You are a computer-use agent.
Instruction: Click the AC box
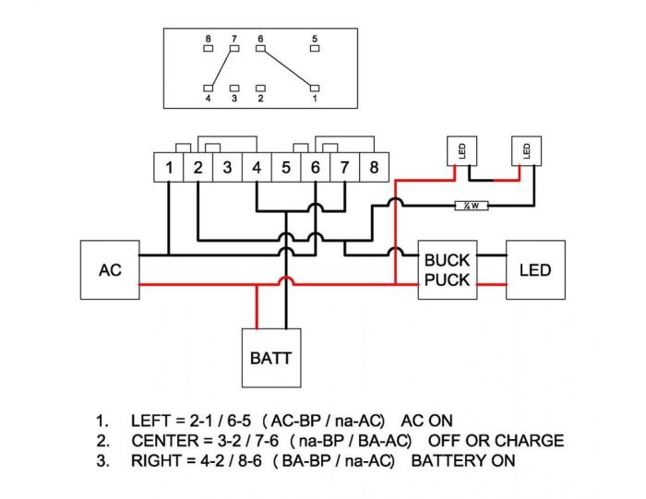[x=110, y=269]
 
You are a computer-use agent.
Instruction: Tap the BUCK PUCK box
[x=447, y=269]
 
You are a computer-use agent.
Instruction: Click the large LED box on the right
[x=535, y=269]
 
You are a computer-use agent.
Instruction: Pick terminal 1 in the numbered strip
[x=169, y=168]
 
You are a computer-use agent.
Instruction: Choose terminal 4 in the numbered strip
[x=257, y=168]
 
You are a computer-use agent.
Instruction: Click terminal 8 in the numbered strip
[x=373, y=168]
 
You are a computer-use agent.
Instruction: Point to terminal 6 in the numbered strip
[x=315, y=168]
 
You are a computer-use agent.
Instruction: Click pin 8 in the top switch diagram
[x=209, y=48]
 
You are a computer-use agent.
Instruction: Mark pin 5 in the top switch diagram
[x=315, y=48]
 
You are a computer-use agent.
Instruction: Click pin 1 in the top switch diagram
[x=315, y=89]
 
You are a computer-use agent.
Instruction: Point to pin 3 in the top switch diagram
[x=234, y=89]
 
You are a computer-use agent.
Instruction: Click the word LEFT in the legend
[x=153, y=421]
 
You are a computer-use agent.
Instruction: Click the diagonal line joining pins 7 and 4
[x=221, y=68]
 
